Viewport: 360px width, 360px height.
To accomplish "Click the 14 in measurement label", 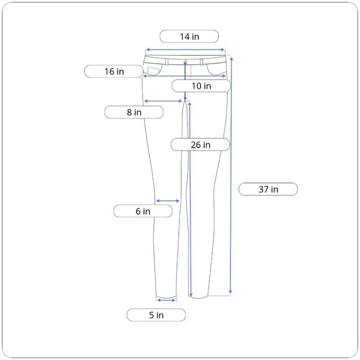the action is click(x=189, y=36).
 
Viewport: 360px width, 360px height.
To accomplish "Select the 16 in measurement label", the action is click(x=114, y=71).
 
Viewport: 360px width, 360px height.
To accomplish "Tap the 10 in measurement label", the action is click(x=201, y=86).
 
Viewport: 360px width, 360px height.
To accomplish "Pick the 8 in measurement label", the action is click(x=134, y=112).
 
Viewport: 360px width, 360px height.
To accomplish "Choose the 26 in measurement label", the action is click(x=200, y=145).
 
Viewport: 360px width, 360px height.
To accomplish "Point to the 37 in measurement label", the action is click(x=268, y=189).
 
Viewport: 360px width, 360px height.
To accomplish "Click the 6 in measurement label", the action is click(x=143, y=211).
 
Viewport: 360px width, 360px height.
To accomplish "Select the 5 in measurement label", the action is click(x=156, y=315).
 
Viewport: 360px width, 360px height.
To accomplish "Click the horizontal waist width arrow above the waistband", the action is click(x=185, y=50).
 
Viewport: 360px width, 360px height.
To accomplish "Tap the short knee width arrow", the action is click(x=168, y=201).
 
